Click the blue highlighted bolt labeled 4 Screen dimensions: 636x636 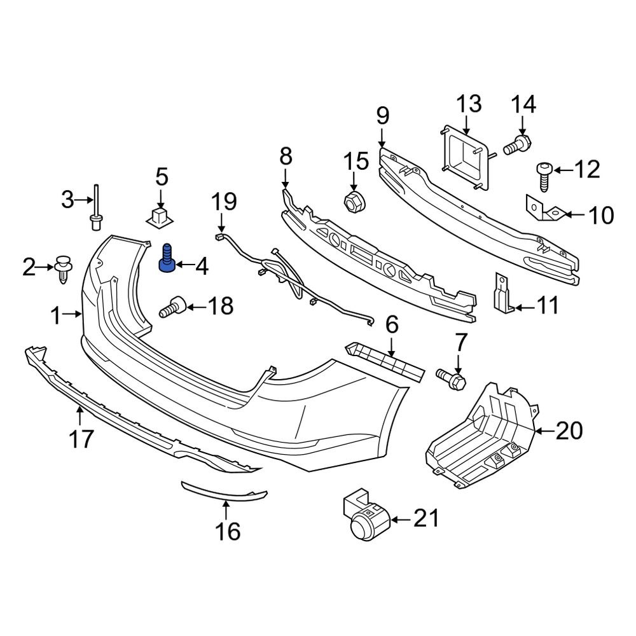167,259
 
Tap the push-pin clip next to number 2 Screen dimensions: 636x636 64,268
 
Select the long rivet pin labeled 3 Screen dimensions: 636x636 96,209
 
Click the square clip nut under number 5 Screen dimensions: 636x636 160,216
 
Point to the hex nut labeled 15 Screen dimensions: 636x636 353,201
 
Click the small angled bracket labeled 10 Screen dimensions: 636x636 544,209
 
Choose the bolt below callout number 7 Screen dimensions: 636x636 451,378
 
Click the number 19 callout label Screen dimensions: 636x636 223,203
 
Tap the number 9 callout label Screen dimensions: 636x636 381,116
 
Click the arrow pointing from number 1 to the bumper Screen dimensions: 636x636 74,314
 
